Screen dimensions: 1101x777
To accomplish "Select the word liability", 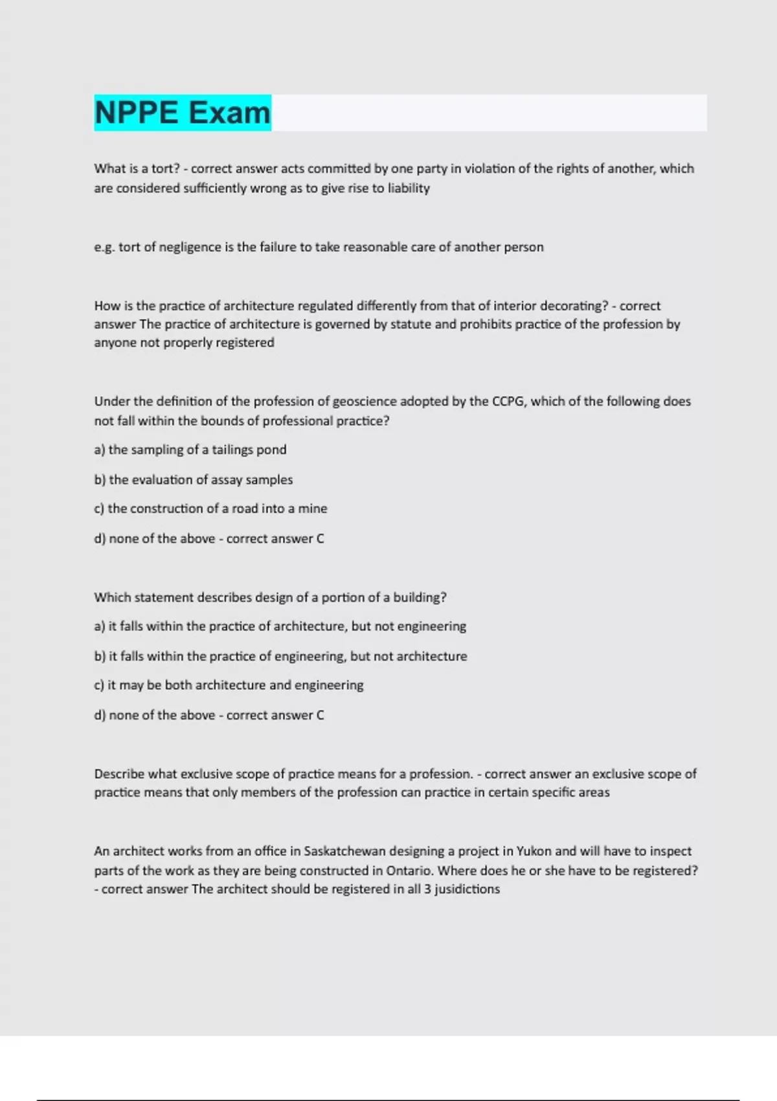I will pyautogui.click(x=409, y=188).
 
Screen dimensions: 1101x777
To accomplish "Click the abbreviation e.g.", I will pyautogui.click(x=104, y=247).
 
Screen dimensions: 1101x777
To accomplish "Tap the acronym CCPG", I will pyautogui.click(x=508, y=402).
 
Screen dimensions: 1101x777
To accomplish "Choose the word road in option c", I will pyautogui.click(x=245, y=508).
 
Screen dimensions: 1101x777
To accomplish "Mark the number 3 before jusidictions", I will pyautogui.click(x=427, y=889).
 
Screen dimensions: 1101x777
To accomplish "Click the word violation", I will pyautogui.click(x=495, y=168).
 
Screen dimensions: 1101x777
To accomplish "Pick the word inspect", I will pyautogui.click(x=670, y=851).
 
